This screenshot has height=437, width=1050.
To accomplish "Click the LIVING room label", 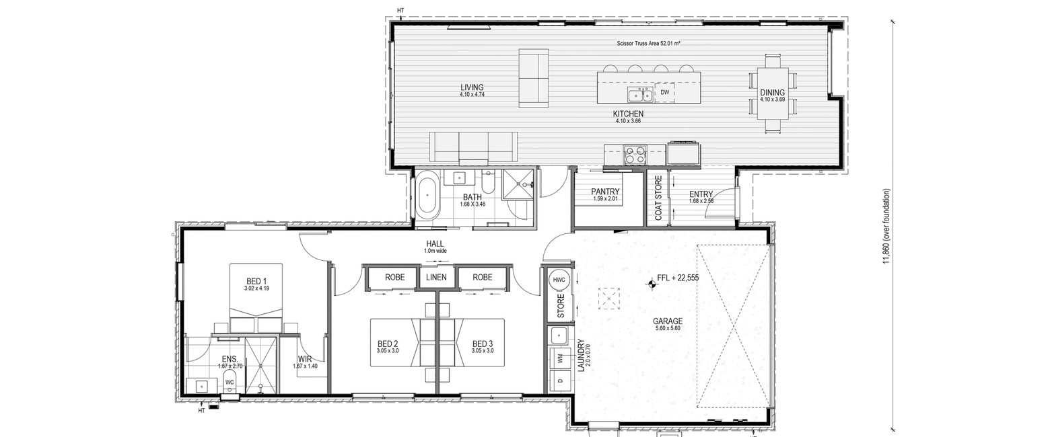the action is tap(472, 87).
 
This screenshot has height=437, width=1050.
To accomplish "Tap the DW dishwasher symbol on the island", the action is tap(665, 92).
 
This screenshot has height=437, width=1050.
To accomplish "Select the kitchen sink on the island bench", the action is tap(640, 95).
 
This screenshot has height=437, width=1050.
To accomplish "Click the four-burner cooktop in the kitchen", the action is tap(635, 155).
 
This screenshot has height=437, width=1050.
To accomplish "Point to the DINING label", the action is tap(772, 93).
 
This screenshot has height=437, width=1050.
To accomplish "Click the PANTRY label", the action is tap(605, 192).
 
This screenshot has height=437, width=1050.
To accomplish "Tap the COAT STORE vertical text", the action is tap(658, 198).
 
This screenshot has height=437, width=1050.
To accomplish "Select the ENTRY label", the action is tap(701, 194).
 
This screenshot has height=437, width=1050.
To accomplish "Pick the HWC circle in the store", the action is tap(559, 280).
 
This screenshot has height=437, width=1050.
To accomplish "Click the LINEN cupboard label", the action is tap(436, 277).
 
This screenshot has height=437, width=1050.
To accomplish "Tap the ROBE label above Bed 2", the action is tap(394, 277).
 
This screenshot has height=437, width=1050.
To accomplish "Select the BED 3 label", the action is tap(483, 344).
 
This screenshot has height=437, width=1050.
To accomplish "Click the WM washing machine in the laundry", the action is tap(560, 358).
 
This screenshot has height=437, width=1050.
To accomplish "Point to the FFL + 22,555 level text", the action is tap(678, 278).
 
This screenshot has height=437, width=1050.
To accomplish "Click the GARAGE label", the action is tap(668, 321).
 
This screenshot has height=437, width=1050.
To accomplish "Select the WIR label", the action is tap(305, 360).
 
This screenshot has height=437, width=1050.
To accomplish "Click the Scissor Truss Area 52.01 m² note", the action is tap(648, 44).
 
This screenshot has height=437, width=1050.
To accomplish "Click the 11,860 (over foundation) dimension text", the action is tap(886, 226).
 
